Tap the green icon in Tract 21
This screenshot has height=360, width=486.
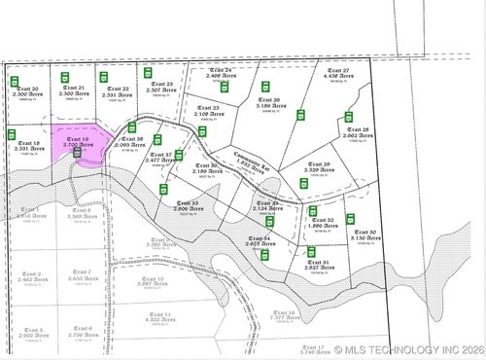65,77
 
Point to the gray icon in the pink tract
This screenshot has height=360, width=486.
77,152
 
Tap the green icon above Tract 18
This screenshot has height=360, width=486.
13,133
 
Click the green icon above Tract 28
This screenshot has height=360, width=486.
349,117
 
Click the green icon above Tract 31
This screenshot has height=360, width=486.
312,251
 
